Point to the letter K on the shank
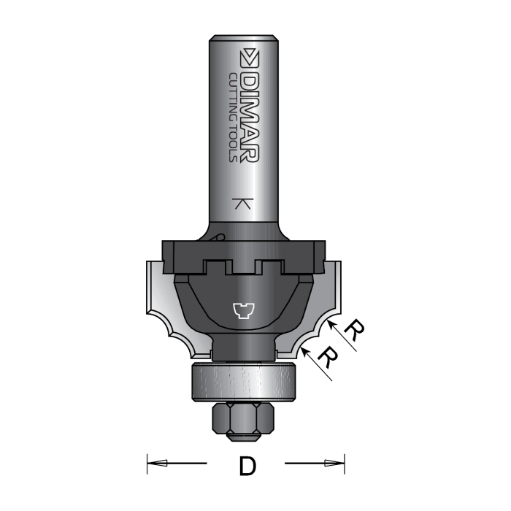244,204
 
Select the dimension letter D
247,466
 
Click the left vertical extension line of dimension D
147,463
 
